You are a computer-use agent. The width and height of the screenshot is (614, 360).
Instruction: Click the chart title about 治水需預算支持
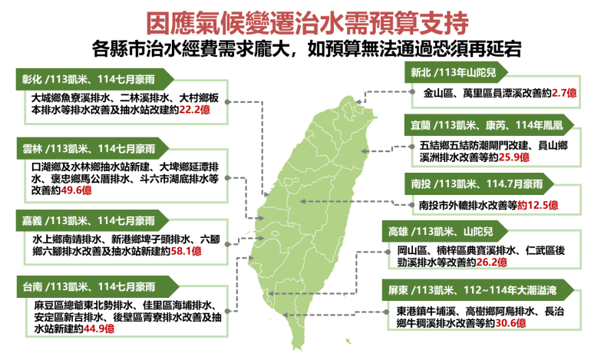pos(306,23)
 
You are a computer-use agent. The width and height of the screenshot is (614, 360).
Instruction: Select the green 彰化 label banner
pos(92,79)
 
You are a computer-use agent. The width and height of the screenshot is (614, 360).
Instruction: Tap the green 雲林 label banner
pos(92,150)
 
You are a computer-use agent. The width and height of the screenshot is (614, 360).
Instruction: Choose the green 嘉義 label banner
pos(92,221)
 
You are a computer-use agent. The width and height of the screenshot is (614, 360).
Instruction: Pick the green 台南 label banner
pos(92,288)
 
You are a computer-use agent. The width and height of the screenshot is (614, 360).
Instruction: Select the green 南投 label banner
pos(480,184)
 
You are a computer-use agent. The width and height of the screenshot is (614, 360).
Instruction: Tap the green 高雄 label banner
pos(445,231)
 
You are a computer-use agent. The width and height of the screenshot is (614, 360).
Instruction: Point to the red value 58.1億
pos(186,250)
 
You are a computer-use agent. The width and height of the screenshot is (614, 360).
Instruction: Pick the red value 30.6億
pos(510,322)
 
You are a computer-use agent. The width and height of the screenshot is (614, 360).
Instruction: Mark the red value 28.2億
pos(491,262)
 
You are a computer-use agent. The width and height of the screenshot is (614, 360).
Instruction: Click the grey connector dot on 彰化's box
pos(227,101)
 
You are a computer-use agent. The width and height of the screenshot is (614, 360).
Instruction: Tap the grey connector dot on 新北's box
pos(413,92)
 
